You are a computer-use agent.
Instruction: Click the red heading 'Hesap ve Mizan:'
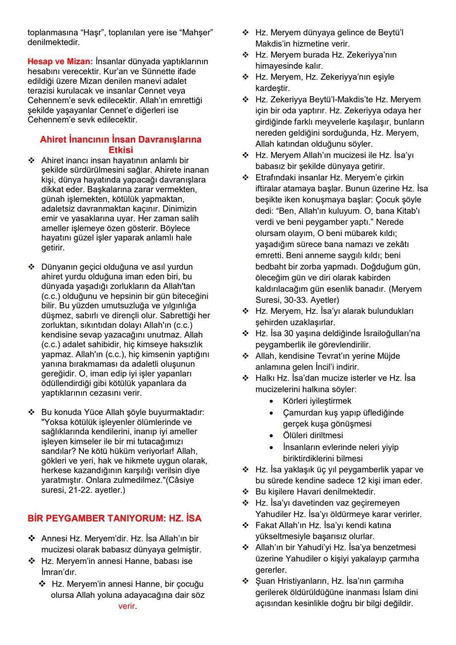(60, 62)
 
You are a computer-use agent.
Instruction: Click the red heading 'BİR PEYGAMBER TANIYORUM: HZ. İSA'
(114, 518)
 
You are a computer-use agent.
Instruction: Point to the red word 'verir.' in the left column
(127, 606)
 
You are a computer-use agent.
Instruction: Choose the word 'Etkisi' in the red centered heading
(120, 150)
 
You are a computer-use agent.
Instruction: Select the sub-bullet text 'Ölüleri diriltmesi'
(312, 435)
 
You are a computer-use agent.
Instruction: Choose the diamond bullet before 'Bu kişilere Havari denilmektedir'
(245, 492)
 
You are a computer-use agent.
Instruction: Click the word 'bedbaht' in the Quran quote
(271, 267)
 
